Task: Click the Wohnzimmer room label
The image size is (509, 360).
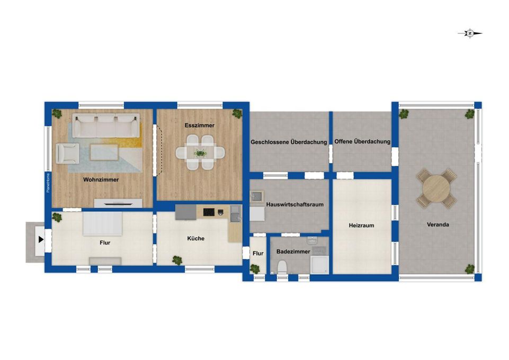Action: (x=101, y=179)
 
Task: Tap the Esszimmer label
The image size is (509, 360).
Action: (x=199, y=125)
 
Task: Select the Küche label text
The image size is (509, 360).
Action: (x=196, y=238)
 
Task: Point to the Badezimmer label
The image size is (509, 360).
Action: (x=293, y=251)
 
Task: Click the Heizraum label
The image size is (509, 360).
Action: (x=361, y=226)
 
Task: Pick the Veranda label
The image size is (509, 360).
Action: (x=438, y=224)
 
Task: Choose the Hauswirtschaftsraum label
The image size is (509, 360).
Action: (x=294, y=205)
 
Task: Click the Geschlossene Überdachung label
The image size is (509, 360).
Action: (x=289, y=142)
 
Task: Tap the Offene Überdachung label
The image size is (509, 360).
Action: (x=362, y=142)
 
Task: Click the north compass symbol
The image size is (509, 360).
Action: (x=470, y=33)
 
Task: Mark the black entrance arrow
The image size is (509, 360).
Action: (x=41, y=240)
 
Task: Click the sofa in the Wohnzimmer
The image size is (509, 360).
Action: (x=106, y=125)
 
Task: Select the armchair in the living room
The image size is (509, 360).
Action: (x=67, y=153)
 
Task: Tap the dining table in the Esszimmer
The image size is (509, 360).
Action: (x=200, y=152)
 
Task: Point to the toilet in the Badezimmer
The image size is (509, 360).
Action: (x=282, y=267)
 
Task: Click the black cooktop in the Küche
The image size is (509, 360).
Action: (x=209, y=212)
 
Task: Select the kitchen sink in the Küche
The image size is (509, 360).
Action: (x=236, y=213)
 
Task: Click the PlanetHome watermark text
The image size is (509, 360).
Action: (x=48, y=183)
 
